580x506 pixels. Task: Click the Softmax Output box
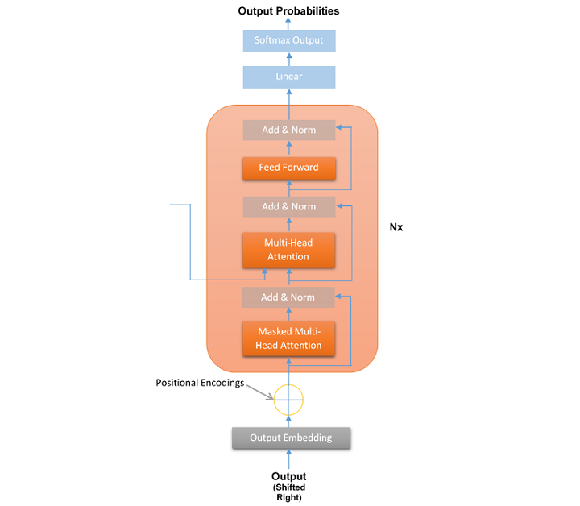click(x=288, y=40)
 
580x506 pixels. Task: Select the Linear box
click(x=288, y=77)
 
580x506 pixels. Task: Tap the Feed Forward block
click(x=288, y=168)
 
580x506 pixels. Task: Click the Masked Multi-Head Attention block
click(x=288, y=338)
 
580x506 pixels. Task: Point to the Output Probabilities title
click(x=288, y=11)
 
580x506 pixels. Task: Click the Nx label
click(x=396, y=227)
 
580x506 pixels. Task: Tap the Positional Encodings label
click(x=200, y=383)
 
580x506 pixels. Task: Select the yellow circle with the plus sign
click(x=288, y=399)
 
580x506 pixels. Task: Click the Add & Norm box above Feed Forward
click(x=288, y=130)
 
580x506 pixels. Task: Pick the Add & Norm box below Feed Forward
click(x=288, y=206)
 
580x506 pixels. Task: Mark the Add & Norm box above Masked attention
click(x=288, y=297)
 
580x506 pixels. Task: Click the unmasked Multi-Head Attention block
click(x=288, y=250)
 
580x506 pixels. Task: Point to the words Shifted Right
click(x=288, y=492)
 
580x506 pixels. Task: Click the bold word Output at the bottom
click(x=288, y=476)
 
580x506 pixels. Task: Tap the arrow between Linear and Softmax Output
click(x=288, y=59)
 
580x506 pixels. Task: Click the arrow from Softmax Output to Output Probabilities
click(x=288, y=23)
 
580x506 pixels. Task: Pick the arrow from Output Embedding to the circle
click(x=288, y=421)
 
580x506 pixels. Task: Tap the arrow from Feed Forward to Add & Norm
click(x=288, y=147)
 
